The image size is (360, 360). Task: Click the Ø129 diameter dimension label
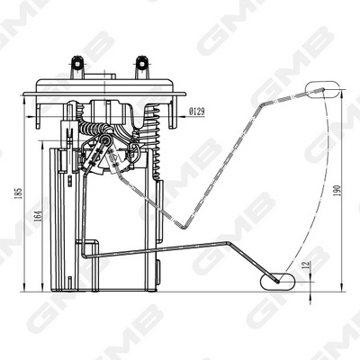pos(197,112)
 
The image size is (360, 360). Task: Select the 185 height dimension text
pos(19,193)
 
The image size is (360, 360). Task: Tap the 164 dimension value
pos(38,215)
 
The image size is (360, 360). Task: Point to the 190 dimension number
pos(337,191)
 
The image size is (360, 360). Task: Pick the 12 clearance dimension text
pos(306,265)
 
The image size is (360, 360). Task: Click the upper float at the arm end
pos(323,89)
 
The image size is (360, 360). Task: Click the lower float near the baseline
pos(277,282)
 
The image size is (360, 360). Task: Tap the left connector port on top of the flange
pos(77,67)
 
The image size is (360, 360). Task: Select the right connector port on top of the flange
pos(141,67)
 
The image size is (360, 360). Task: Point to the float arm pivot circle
pos(104,139)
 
